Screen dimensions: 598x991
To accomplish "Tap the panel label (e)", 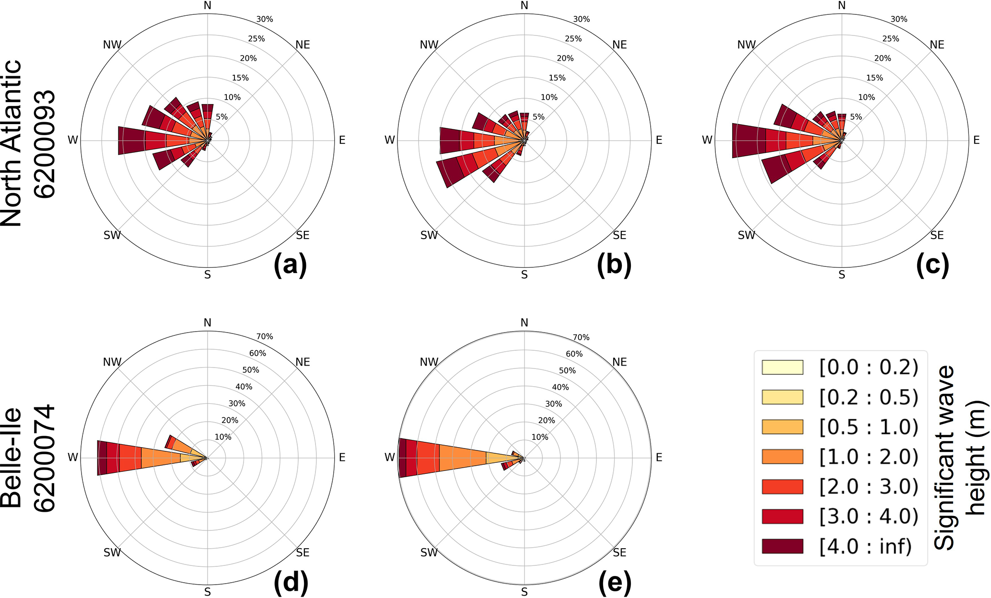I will coord(615,582).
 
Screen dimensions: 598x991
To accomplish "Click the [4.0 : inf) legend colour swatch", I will coord(782,546).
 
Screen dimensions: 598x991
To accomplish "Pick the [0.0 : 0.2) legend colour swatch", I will coord(782,367).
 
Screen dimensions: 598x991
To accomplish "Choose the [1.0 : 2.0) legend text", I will coord(868,457).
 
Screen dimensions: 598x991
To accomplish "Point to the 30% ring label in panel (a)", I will coord(264,19).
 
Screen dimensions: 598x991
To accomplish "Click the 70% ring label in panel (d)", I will coord(264,336).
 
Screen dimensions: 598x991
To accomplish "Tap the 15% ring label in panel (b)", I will coord(557,78).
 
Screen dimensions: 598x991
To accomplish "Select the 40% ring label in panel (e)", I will coord(560,387).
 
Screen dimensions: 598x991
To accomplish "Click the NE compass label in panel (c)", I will coord(937,45).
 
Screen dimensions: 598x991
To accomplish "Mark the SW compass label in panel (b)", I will coord(429,235).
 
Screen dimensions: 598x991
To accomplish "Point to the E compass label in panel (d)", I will coord(342,458).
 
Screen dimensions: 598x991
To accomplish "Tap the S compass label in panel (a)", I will coord(207,275).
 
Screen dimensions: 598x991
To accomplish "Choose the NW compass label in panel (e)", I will coord(429,362).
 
